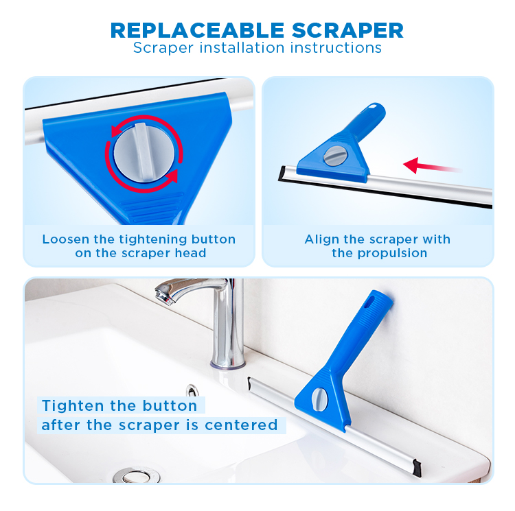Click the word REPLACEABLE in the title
pos(197,30)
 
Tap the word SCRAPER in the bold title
pos(347,30)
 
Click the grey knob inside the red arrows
pos(144,153)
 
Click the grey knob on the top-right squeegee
pos(335,156)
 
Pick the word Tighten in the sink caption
pos(72,406)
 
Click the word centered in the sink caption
pos(242,425)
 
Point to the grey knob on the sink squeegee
pos(319,399)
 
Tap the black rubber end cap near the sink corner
pos(417,468)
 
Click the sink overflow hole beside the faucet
pos(192,390)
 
